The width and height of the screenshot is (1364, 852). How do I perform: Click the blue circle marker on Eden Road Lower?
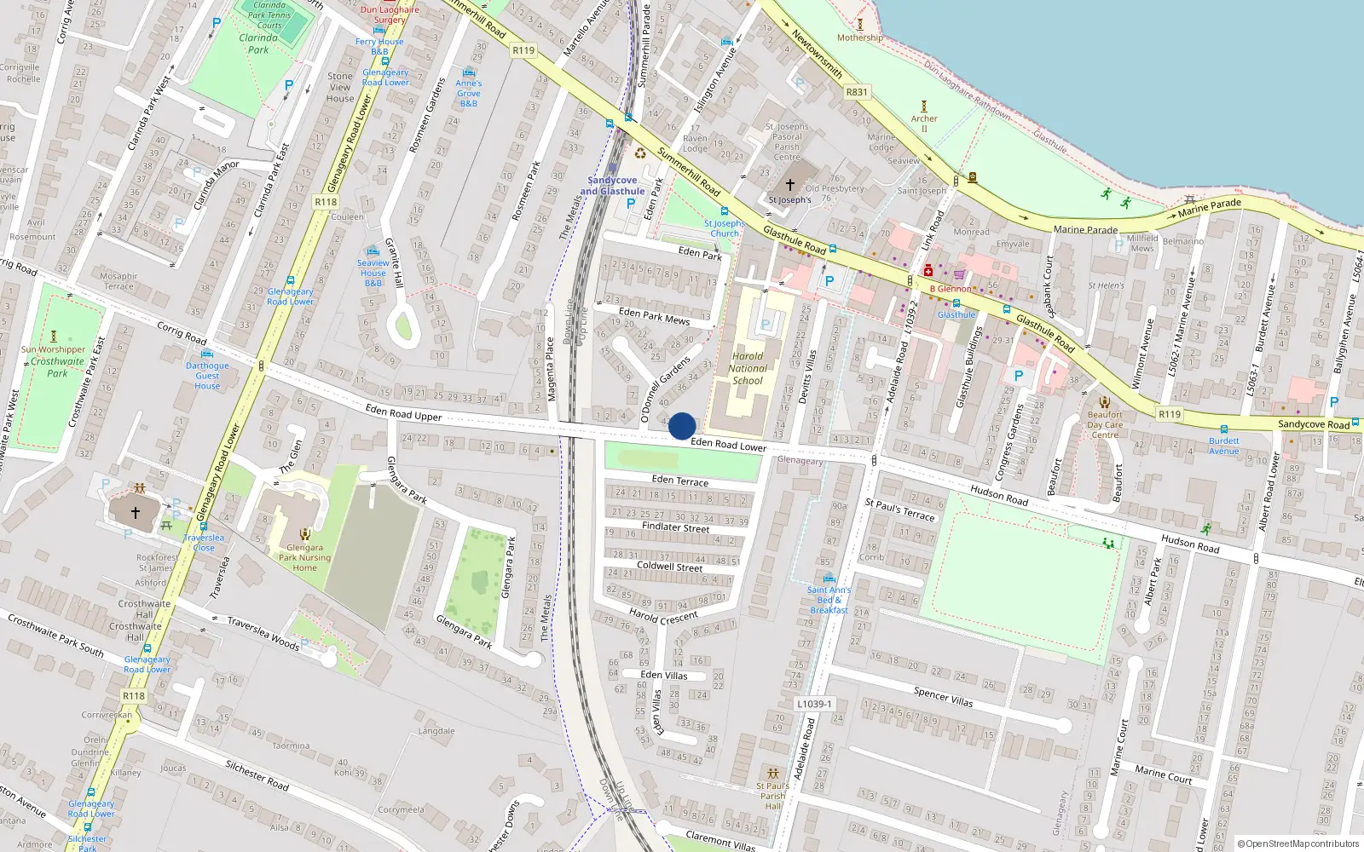pyautogui.click(x=682, y=426)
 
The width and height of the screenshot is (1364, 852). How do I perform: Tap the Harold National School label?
pyautogui.click(x=748, y=369)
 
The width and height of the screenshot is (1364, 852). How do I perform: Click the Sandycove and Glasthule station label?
pyautogui.click(x=612, y=186)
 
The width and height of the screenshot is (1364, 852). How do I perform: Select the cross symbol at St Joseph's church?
pyautogui.click(x=790, y=184)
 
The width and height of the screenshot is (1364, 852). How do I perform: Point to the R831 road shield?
pyautogui.click(x=857, y=92)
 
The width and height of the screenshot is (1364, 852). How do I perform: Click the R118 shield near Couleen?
pyautogui.click(x=326, y=202)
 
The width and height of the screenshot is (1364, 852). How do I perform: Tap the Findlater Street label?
pyautogui.click(x=675, y=527)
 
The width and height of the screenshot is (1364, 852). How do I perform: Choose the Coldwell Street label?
pyautogui.click(x=670, y=567)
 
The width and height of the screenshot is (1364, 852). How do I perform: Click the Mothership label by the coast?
pyautogui.click(x=859, y=37)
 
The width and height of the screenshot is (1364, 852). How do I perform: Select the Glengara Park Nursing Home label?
pyautogui.click(x=304, y=558)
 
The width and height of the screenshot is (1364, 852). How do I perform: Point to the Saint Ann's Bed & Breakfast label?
pyautogui.click(x=829, y=600)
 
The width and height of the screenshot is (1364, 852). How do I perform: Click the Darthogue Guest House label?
pyautogui.click(x=207, y=376)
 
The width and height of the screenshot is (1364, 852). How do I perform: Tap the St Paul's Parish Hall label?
pyautogui.click(x=772, y=796)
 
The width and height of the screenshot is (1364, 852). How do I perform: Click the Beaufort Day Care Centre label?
pyautogui.click(x=1105, y=424)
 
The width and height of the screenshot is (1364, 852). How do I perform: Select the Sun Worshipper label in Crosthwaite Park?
pyautogui.click(x=53, y=349)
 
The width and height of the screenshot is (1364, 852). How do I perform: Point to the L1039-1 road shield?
pyautogui.click(x=814, y=705)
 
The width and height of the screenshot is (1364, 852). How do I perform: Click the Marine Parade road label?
pyautogui.click(x=1085, y=229)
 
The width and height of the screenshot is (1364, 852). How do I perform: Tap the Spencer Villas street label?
pyautogui.click(x=943, y=697)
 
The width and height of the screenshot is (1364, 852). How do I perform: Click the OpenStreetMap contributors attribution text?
pyautogui.click(x=1298, y=844)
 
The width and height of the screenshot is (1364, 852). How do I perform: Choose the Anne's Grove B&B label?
pyautogui.click(x=469, y=93)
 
